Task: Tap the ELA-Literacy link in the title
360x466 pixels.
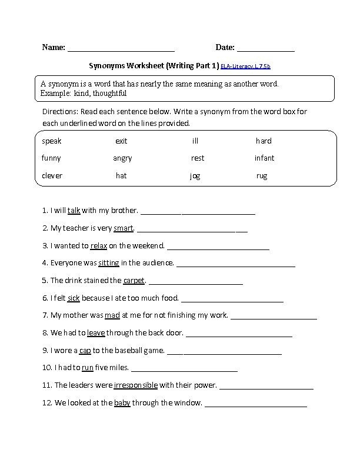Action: (245, 66)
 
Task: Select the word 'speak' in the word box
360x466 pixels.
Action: (52, 141)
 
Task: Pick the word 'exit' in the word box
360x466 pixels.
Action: (121, 141)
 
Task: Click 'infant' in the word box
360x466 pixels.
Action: (264, 158)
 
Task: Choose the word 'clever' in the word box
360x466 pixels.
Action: (52, 176)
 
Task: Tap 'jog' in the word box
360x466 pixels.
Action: (195, 176)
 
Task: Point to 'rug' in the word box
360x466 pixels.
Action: (262, 176)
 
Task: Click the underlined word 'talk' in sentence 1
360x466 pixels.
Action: (74, 210)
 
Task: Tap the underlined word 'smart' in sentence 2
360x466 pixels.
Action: (124, 228)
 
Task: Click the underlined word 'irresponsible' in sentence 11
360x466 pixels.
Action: (135, 386)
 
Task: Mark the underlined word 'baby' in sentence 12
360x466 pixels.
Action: (122, 404)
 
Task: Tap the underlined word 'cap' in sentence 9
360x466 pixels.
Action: (85, 351)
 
